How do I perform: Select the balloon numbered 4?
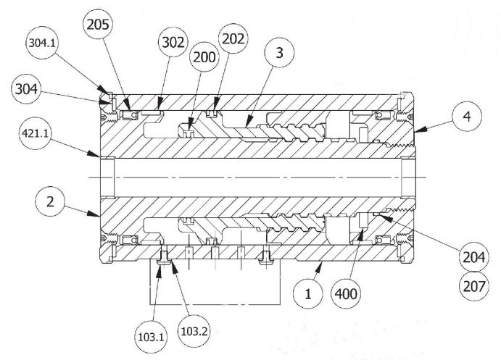click(x=468, y=116)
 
